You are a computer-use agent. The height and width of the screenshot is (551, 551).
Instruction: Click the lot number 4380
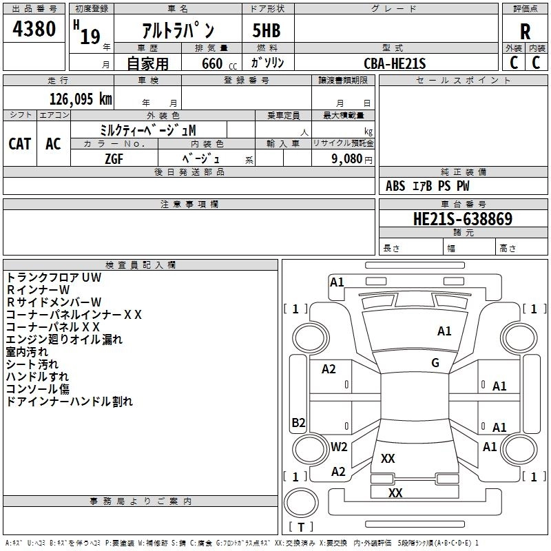point(34,29)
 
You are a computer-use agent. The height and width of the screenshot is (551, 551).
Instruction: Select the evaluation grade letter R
point(525,31)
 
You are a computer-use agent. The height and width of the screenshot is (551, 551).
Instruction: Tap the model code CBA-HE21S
point(395,64)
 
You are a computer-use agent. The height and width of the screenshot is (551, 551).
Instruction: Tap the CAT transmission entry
point(20,143)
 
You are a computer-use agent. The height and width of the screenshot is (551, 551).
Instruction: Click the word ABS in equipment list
point(395,186)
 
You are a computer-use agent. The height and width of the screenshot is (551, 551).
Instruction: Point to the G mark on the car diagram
point(435,363)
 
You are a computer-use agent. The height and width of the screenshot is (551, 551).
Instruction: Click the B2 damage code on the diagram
point(298,423)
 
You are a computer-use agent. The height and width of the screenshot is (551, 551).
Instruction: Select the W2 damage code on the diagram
point(339,446)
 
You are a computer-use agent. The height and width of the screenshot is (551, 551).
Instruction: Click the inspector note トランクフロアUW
point(54,277)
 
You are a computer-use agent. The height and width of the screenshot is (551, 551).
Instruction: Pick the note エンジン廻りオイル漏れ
point(64,339)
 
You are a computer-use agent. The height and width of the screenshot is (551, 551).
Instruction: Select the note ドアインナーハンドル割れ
point(69,401)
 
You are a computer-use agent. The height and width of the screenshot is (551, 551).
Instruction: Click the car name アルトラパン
point(178,31)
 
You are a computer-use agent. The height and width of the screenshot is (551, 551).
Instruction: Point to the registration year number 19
point(90,36)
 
